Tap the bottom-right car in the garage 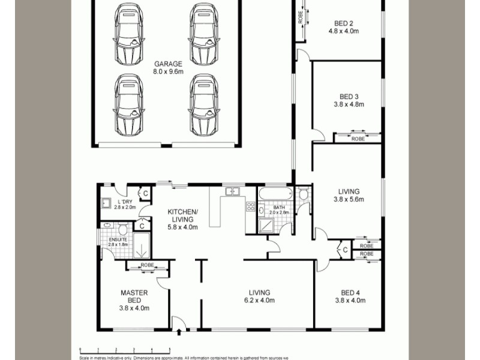(x=203, y=105)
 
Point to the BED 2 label (x=346, y=25)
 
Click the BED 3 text (x=349, y=97)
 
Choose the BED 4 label (x=349, y=293)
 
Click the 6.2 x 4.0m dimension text (x=259, y=301)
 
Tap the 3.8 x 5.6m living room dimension (x=349, y=200)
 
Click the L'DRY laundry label (x=125, y=202)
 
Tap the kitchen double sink (x=232, y=191)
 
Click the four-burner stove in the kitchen (x=251, y=207)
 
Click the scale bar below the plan (x=125, y=349)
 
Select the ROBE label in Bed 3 (x=358, y=139)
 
